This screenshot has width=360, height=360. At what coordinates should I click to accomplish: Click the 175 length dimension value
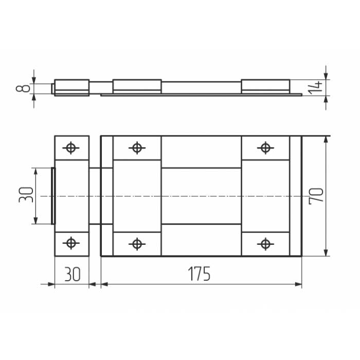click(199, 274)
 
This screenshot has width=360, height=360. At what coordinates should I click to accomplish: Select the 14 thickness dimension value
click(315, 87)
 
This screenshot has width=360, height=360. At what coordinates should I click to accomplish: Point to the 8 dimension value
click(23, 88)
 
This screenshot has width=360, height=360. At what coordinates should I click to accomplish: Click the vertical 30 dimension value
click(26, 195)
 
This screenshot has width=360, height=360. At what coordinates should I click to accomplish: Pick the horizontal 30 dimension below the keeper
click(73, 274)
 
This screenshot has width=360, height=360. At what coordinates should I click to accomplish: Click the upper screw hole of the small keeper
click(71, 148)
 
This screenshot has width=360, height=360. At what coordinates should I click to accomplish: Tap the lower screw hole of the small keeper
click(71, 243)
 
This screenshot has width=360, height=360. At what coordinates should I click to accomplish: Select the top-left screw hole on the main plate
click(137, 148)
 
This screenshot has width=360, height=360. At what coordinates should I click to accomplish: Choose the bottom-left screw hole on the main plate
click(137, 244)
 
